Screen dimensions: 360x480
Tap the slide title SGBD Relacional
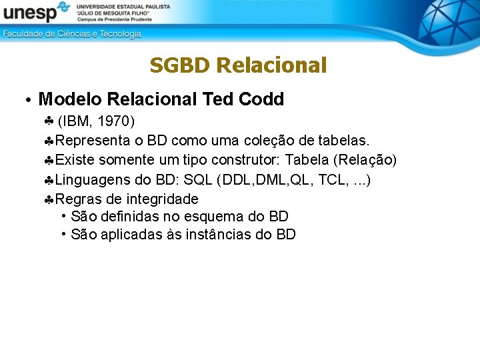[238, 65]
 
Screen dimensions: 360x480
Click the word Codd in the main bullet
[261, 99]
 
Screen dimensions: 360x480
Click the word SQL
[197, 179]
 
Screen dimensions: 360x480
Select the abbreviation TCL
[331, 179]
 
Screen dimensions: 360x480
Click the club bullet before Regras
[49, 199]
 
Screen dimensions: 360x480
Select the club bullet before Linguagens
[49, 180]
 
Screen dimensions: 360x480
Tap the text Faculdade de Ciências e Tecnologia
[72, 33]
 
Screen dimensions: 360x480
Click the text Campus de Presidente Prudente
[115, 19]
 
